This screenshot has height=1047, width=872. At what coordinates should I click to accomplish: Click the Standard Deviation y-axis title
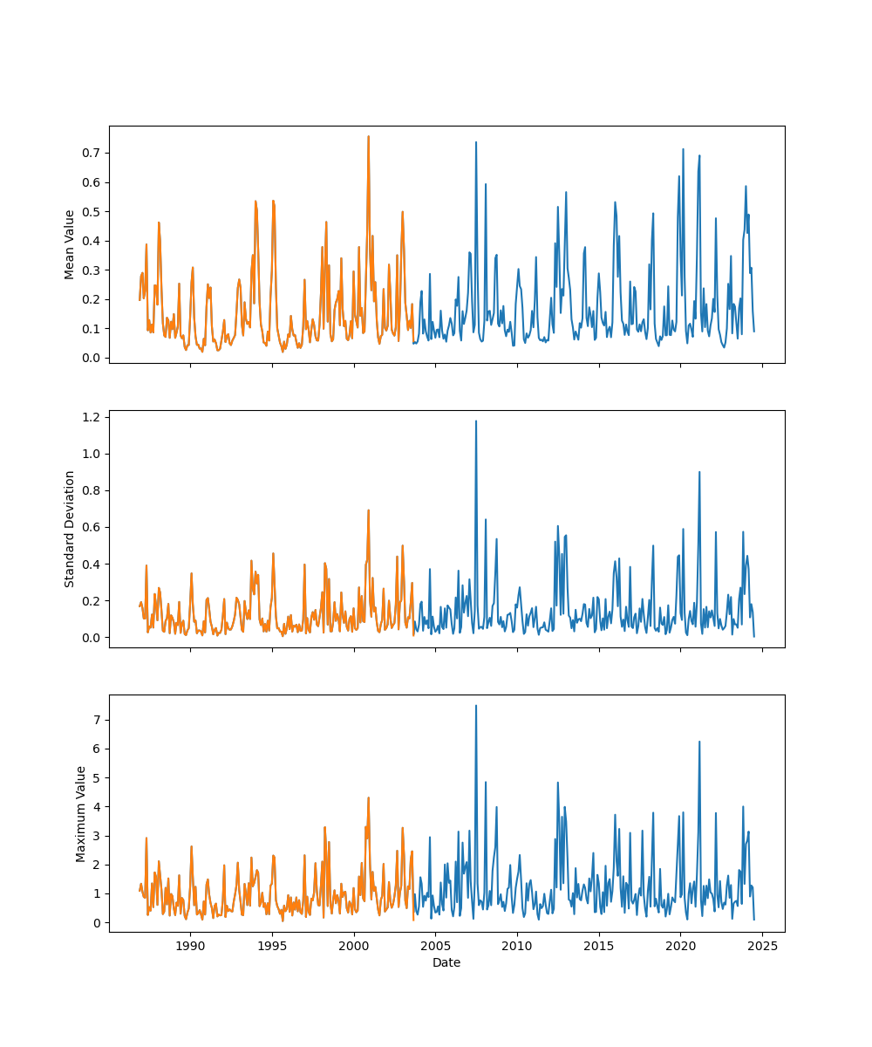[70, 529]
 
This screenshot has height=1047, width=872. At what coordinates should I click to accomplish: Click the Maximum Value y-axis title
[81, 813]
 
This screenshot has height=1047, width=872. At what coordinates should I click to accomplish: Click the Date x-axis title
[446, 962]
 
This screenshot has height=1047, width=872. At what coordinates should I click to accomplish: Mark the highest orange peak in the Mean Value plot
[368, 136]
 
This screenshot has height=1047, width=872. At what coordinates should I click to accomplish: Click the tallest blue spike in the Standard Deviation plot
[475, 421]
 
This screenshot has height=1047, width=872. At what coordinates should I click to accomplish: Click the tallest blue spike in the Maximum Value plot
[475, 706]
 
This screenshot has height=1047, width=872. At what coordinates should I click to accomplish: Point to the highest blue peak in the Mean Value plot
[475, 142]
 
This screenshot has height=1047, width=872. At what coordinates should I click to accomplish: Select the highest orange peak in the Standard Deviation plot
[368, 510]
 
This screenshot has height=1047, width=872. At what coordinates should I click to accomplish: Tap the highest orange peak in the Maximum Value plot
[368, 797]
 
